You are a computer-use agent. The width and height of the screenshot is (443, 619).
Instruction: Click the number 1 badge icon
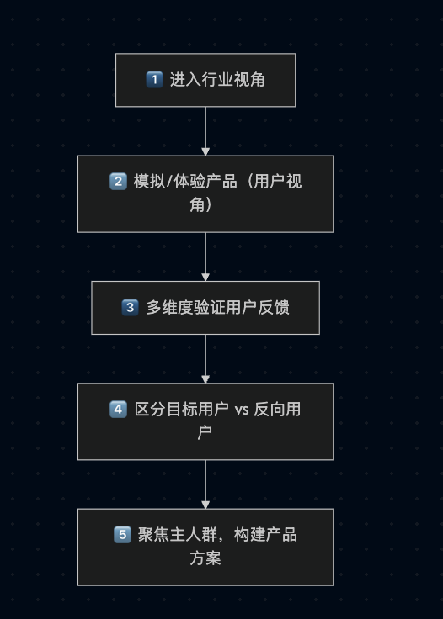point(154,80)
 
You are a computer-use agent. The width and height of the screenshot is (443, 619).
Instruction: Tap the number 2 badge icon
point(118,182)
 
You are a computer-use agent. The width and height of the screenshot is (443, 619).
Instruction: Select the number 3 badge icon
point(130,308)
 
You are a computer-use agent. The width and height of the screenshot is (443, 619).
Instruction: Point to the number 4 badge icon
point(118,410)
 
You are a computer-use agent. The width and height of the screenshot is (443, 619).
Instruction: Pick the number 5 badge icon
point(122,535)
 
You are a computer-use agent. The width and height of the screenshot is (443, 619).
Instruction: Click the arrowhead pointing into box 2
point(205,151)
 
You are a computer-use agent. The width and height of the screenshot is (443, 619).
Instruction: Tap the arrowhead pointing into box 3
point(205,278)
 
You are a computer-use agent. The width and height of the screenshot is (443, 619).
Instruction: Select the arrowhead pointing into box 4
point(205,379)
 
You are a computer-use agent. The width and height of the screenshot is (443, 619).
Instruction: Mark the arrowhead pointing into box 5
point(205,505)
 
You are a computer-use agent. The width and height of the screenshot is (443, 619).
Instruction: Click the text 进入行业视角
point(217,80)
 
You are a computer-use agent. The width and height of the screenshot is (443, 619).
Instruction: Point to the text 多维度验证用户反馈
point(218,308)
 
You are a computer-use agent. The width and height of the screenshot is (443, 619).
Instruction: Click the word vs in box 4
point(242,410)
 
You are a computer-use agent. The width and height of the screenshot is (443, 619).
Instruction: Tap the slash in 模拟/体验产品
point(169,182)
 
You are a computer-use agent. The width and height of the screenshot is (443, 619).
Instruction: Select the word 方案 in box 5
point(205,558)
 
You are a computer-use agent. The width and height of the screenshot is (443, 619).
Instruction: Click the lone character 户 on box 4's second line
point(205,432)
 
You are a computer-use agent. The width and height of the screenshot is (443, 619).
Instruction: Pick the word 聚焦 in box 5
point(154,535)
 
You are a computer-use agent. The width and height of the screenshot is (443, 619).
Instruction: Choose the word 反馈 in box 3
point(274,308)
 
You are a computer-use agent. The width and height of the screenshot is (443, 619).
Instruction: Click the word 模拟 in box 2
point(149,182)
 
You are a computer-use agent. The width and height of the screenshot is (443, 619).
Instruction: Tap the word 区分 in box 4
point(150,410)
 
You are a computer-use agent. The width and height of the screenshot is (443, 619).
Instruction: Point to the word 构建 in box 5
point(249,535)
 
